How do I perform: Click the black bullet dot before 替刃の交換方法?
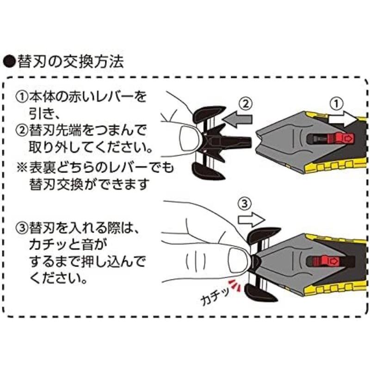pos(9,62)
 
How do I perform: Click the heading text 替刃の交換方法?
pos(69,62)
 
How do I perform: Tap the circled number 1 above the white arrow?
pos(336,103)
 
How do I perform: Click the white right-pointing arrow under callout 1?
pos(341,119)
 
